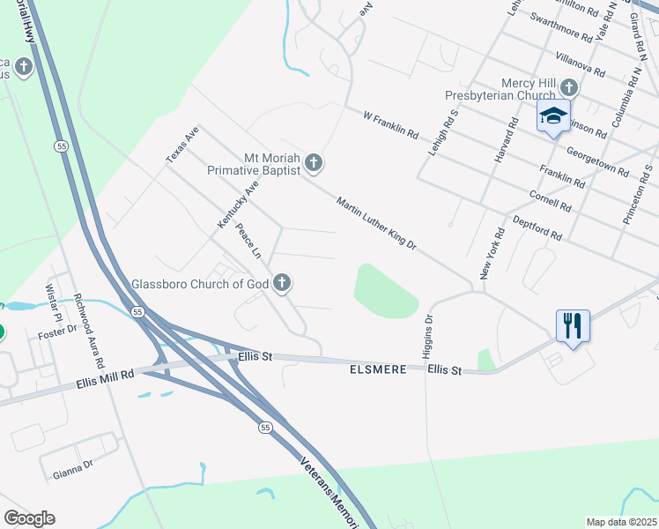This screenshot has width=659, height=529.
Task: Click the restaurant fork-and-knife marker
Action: pos(573,325)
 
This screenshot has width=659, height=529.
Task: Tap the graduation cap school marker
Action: pos(553,116)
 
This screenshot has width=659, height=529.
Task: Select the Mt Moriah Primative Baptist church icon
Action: pos(315,163)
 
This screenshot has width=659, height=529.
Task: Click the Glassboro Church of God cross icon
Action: pos(282,283)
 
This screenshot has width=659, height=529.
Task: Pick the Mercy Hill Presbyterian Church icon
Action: pos(569,87)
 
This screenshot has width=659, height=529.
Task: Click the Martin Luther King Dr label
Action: pos(376,222)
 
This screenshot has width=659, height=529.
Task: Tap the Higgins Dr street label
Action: pos(429,338)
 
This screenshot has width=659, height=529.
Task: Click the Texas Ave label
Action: pos(183,145)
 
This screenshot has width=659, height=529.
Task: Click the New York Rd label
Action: pos(491,254)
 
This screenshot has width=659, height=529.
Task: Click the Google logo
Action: pos(29,518)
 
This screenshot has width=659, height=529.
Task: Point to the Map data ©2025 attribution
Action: pos(621,522)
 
